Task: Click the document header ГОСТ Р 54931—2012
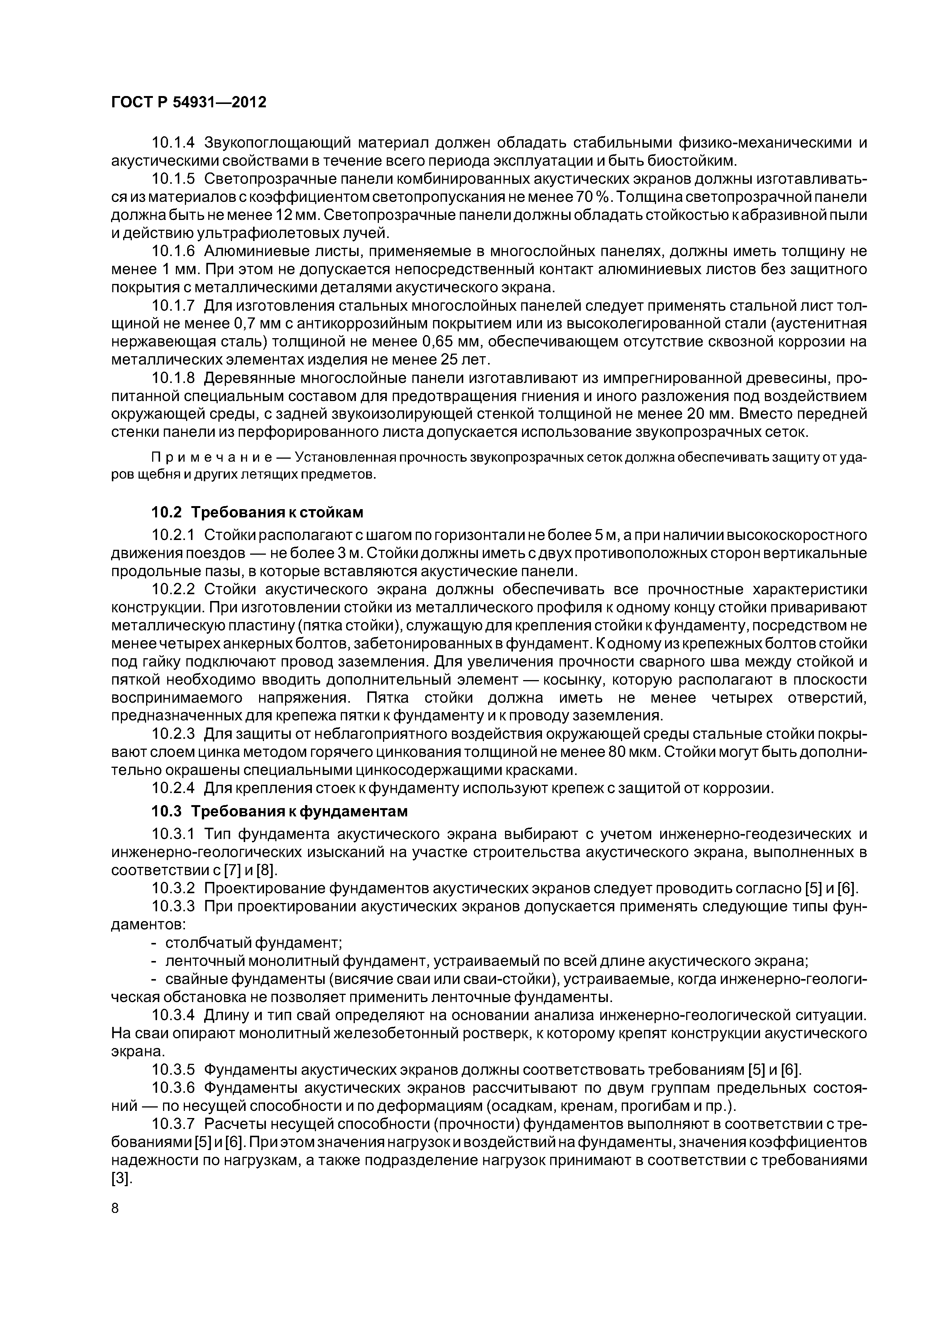188,103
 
